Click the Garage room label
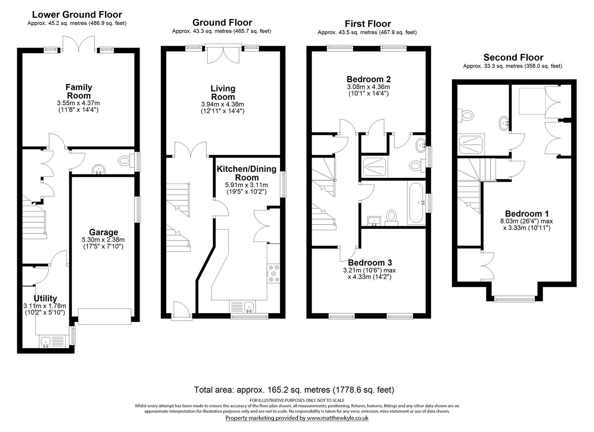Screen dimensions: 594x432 coord(104,232)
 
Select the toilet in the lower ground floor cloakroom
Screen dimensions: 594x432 coord(124,160)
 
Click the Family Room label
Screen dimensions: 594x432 coord(79,91)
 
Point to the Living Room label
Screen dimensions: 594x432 coord(223,92)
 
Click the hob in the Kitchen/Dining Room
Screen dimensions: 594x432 coord(273,273)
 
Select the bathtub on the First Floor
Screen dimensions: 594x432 coord(416,203)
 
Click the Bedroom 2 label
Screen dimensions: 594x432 coord(368,79)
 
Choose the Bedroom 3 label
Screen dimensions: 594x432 coord(370,262)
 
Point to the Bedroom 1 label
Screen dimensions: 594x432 coord(527,214)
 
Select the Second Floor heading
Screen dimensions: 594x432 coord(513,57)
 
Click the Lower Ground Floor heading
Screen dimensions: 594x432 coord(77,14)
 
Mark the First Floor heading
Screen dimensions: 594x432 coord(368,24)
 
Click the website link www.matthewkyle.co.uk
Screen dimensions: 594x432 coord(338,418)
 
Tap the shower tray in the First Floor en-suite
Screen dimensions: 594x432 coord(374,167)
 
